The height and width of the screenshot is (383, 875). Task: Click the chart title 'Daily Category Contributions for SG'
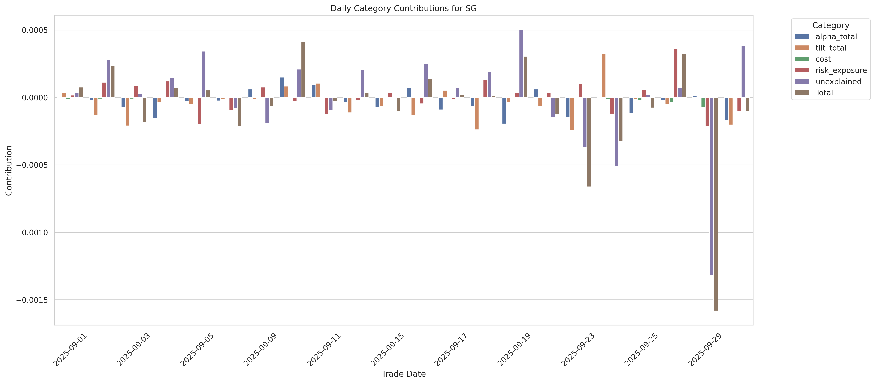pos(403,9)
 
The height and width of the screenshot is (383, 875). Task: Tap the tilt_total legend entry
pos(831,48)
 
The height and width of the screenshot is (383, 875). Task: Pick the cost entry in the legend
pos(823,59)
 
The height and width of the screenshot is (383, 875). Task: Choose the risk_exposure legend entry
pos(841,70)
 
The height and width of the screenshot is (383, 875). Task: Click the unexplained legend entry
pos(838,82)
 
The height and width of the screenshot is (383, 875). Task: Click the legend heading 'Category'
pos(831,26)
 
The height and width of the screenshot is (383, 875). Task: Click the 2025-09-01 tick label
pos(70,350)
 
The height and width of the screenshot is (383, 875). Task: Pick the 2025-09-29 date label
pos(704,350)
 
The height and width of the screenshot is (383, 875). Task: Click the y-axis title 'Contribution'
pos(9,170)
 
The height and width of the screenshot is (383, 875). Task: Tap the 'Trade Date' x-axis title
pos(403,374)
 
